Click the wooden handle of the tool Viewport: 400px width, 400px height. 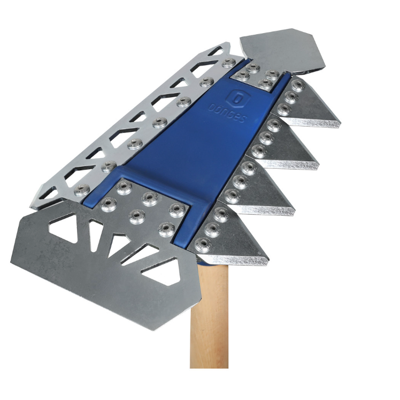[x=209, y=316]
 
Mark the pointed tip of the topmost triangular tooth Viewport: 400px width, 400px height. [x=340, y=122]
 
